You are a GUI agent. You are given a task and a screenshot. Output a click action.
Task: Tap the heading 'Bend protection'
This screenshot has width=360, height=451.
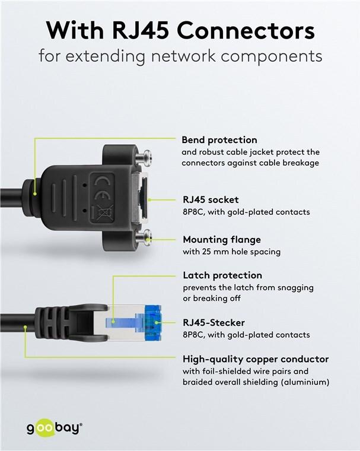(x=219, y=141)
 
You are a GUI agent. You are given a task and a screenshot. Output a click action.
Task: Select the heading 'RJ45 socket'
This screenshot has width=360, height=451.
(x=210, y=200)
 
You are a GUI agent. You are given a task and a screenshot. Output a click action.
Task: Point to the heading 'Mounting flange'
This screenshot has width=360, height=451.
(x=221, y=240)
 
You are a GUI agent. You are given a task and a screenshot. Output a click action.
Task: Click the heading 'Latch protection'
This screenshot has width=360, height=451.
(x=221, y=276)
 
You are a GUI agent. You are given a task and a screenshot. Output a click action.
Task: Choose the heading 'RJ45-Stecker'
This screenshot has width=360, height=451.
(x=212, y=323)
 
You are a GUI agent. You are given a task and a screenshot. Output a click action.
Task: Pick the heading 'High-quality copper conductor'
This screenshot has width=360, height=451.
(x=255, y=359)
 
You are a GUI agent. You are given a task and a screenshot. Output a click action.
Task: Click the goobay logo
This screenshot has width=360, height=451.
(x=54, y=428)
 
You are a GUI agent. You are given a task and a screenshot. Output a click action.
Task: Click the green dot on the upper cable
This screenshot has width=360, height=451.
(x=36, y=193)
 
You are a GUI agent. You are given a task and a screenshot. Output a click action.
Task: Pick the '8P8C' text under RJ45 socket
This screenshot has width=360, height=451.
(x=193, y=212)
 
